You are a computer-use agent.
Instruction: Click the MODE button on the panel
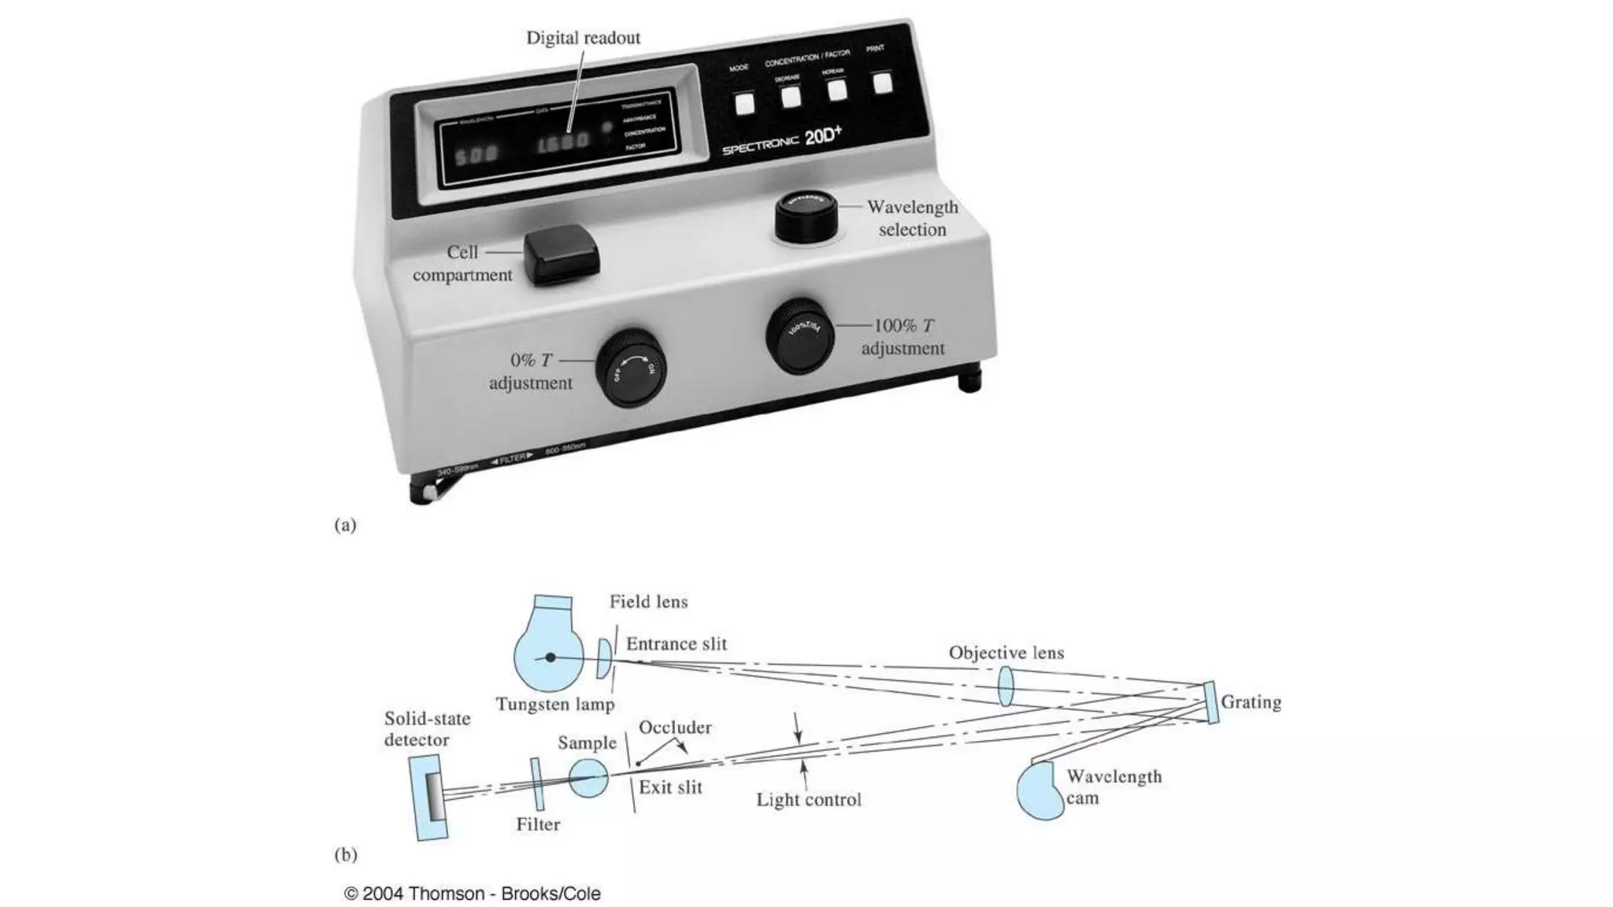(x=744, y=103)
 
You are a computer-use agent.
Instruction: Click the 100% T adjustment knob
(x=800, y=336)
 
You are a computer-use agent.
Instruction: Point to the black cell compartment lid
(x=561, y=254)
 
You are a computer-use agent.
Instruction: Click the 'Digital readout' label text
(x=583, y=38)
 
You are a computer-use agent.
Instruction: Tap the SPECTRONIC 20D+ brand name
(x=781, y=140)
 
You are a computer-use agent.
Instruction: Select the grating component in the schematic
(x=1211, y=702)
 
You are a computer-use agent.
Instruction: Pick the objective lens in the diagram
(x=1005, y=686)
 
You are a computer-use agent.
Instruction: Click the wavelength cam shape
(x=1040, y=790)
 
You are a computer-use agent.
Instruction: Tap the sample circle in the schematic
(x=588, y=779)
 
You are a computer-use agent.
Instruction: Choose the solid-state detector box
(x=429, y=797)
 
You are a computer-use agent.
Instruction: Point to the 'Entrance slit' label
(x=676, y=644)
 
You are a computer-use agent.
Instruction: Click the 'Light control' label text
(x=808, y=800)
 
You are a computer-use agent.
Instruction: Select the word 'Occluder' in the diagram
(x=675, y=727)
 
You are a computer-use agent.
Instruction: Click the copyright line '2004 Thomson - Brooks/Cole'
(x=473, y=894)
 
